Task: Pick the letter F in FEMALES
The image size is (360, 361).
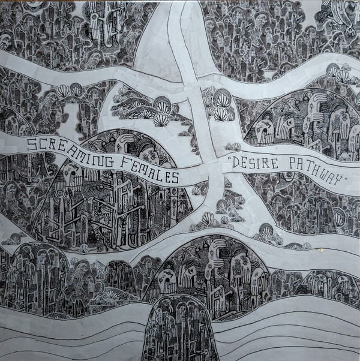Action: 122,162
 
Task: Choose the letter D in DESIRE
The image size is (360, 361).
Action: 236,161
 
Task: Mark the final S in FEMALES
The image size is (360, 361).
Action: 175,176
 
